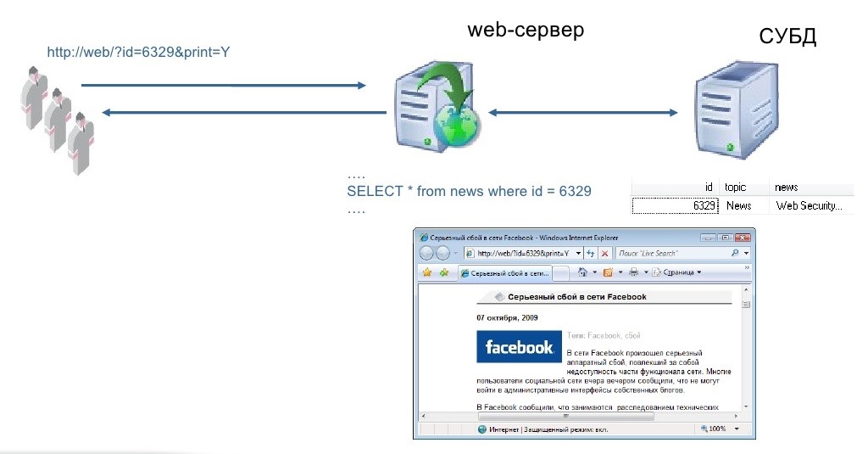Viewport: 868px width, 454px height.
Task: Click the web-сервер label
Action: [526, 31]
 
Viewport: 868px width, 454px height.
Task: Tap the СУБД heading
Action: [787, 36]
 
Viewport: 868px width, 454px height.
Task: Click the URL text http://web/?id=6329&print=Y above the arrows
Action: [139, 53]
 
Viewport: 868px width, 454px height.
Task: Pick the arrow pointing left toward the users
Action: [234, 112]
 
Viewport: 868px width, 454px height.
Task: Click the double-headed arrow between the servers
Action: [582, 112]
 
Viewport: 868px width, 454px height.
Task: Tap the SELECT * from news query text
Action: [469, 191]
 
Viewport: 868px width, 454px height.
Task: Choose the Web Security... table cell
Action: [809, 205]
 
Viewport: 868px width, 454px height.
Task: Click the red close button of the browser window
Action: [743, 238]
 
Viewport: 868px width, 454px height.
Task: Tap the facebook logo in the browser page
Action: [519, 347]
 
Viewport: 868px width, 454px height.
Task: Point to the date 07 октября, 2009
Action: [507, 317]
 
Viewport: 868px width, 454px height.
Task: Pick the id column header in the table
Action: [708, 187]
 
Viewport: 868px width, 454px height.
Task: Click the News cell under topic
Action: [738, 205]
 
